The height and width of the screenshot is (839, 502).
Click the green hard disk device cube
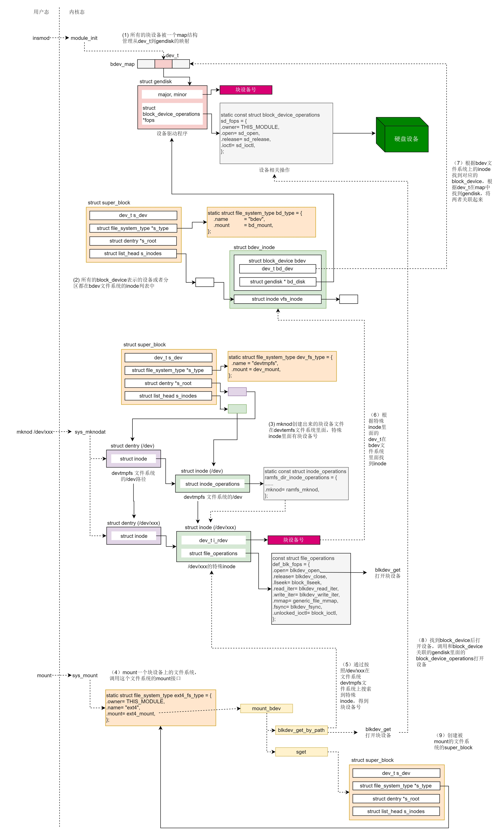pyautogui.click(x=403, y=135)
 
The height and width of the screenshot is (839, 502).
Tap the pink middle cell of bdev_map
pyautogui.click(x=163, y=64)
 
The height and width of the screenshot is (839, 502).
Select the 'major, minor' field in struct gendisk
pyautogui.click(x=172, y=94)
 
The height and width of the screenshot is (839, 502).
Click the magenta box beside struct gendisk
pyautogui.click(x=246, y=90)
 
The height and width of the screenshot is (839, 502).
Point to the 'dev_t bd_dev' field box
pyautogui.click(x=277, y=269)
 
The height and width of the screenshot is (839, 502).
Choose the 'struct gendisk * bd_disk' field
pyautogui.click(x=277, y=282)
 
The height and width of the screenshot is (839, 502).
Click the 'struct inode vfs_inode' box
pyautogui.click(x=277, y=299)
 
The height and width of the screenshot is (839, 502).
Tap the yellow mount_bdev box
pyautogui.click(x=266, y=708)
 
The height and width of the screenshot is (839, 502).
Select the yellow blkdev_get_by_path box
pyautogui.click(x=301, y=730)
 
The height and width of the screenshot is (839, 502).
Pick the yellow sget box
pyautogui.click(x=301, y=752)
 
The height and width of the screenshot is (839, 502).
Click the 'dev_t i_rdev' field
pyautogui.click(x=214, y=540)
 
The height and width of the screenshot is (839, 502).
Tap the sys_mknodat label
pyautogui.click(x=90, y=432)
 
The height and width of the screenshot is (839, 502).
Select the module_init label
pyautogui.click(x=84, y=38)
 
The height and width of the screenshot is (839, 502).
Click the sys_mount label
pyautogui.click(x=85, y=676)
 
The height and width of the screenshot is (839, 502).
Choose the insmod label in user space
pyautogui.click(x=41, y=38)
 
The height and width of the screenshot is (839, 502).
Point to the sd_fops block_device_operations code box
pyautogui.click(x=276, y=133)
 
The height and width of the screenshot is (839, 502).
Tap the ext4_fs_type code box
pyautogui.click(x=160, y=708)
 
